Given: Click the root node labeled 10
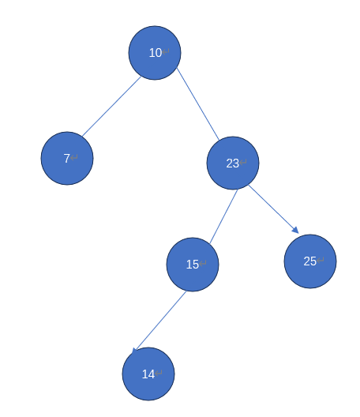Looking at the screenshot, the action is tap(155, 53).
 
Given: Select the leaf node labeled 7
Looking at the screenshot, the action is tap(67, 158).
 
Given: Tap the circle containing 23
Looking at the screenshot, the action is tap(233, 163).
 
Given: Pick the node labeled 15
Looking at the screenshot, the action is tap(193, 265).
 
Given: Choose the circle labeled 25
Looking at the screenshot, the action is tap(310, 261).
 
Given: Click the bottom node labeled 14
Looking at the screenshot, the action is tap(148, 374).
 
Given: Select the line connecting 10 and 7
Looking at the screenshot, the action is tap(111, 107).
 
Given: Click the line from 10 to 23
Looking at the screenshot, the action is tap(198, 104).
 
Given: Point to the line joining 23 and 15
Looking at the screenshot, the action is tap(223, 216).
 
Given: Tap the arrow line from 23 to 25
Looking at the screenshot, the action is tap(274, 209).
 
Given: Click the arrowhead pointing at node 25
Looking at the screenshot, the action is tap(295, 230).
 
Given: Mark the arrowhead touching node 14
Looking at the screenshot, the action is tap(134, 351).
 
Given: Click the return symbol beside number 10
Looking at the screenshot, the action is tap(166, 51).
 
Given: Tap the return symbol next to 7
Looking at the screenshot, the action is tap(74, 157).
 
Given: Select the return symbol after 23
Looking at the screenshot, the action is tap(243, 162).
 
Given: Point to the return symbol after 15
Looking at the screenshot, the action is tap(203, 263).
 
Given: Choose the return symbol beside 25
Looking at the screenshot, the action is tap(320, 260).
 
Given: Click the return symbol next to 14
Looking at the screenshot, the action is tap(159, 373).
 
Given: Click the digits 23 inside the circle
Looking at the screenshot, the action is tap(233, 163).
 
